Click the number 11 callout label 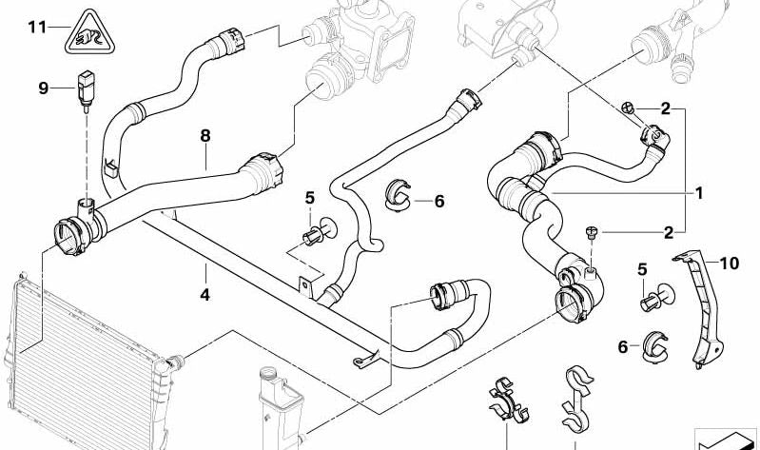pyautogui.click(x=36, y=26)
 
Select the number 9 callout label pyautogui.click(x=43, y=88)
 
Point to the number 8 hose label pyautogui.click(x=205, y=136)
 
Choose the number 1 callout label pyautogui.click(x=699, y=192)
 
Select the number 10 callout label pyautogui.click(x=730, y=262)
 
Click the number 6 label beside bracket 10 pyautogui.click(x=624, y=347)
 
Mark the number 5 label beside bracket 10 pyautogui.click(x=643, y=270)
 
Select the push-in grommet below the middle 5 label pyautogui.click(x=315, y=235)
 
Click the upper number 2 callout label pyautogui.click(x=668, y=109)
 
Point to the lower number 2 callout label pyautogui.click(x=668, y=231)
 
